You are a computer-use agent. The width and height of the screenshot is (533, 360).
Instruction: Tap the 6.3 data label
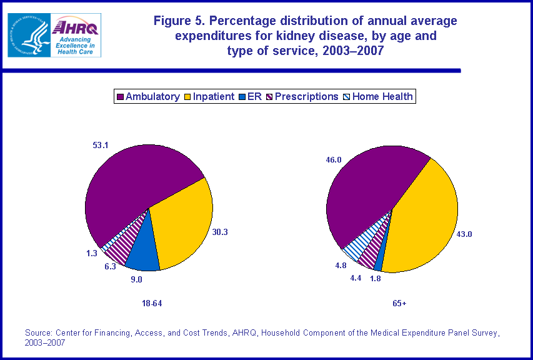[110, 266]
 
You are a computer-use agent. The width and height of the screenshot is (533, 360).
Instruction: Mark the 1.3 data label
[92, 253]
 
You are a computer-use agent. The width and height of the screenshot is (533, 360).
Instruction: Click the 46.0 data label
[334, 160]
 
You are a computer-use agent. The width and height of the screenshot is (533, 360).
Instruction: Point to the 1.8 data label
[375, 279]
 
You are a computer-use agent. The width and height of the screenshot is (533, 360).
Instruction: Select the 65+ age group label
[399, 304]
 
